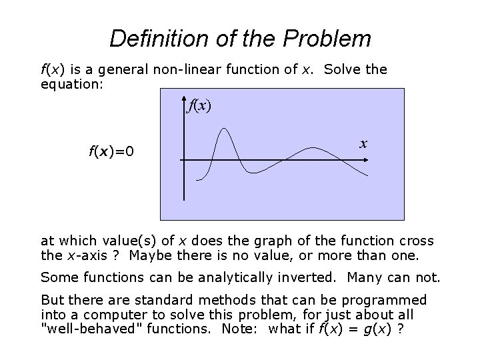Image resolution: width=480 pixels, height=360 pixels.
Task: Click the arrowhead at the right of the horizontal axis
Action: (380, 160)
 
